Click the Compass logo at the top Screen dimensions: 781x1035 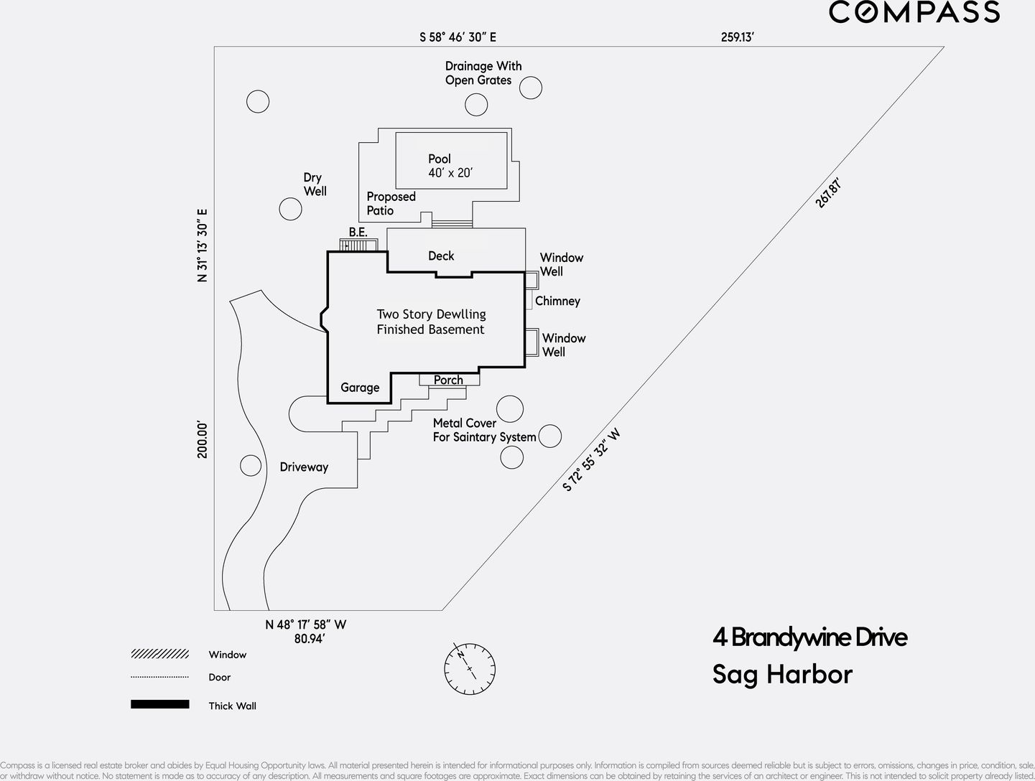click(x=914, y=12)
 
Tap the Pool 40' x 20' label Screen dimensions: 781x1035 click(x=450, y=166)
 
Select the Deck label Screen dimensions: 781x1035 click(x=441, y=256)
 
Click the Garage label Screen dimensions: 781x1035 click(x=360, y=388)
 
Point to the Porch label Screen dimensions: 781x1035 click(x=448, y=380)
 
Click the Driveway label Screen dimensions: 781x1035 click(x=304, y=467)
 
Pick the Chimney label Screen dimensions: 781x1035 click(x=557, y=301)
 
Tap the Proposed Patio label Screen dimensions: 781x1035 click(x=391, y=203)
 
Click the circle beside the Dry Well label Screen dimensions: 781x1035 click(x=290, y=209)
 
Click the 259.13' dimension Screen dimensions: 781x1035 click(x=737, y=37)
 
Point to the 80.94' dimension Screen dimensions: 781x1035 click(x=309, y=638)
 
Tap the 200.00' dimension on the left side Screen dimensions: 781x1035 click(x=203, y=439)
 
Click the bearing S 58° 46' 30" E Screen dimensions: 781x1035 click(x=458, y=37)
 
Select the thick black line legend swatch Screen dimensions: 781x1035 click(x=159, y=704)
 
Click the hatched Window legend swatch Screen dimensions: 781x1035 click(x=159, y=654)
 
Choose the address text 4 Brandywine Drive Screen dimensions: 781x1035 click(x=809, y=637)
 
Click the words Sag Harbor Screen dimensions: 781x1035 click(x=782, y=674)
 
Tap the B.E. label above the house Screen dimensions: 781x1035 click(x=358, y=232)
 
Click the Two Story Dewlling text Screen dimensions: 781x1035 click(x=431, y=314)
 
